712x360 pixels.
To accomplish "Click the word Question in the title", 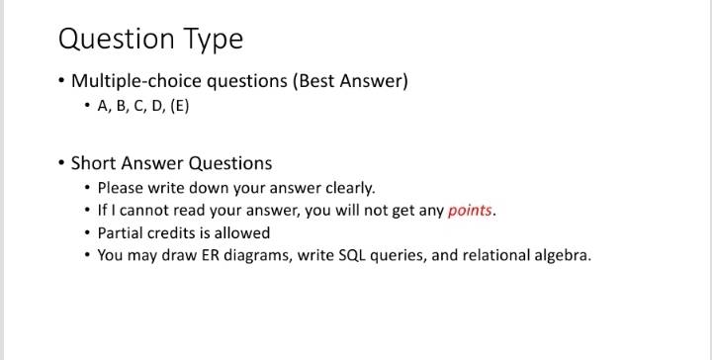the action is (117, 39).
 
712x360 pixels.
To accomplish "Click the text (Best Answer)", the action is (350, 81).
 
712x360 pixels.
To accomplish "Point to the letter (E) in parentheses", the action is (180, 106).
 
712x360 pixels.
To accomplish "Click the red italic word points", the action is (470, 211).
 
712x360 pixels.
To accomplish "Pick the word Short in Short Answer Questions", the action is (94, 163).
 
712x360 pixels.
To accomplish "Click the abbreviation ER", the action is (211, 255).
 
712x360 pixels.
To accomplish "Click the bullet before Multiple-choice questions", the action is (61, 81).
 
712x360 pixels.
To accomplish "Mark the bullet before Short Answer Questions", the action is (61, 163).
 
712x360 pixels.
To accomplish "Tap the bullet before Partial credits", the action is (87, 232).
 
